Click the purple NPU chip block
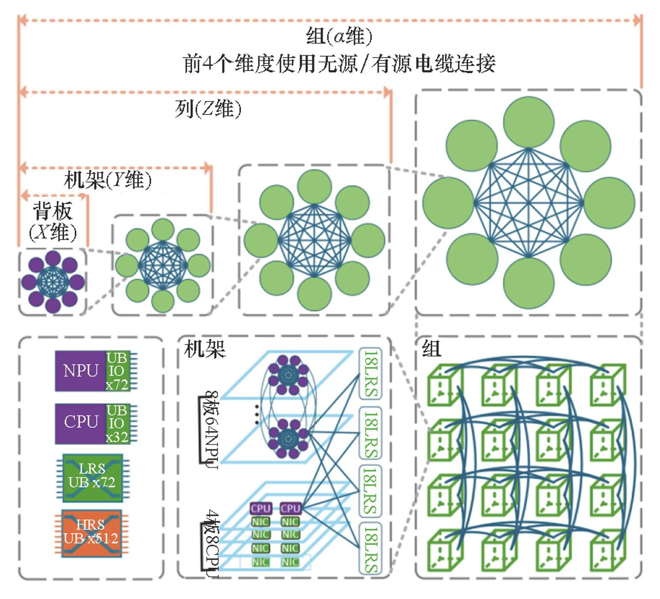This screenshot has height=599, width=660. [80, 370]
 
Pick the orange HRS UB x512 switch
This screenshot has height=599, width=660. [91, 532]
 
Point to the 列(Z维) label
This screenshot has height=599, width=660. [208, 109]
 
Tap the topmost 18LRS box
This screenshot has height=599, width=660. [370, 373]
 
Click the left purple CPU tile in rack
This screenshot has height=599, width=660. [261, 508]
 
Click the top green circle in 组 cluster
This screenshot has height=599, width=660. [528, 122]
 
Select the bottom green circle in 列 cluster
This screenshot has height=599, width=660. [315, 294]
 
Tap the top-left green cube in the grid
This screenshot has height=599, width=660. [445, 384]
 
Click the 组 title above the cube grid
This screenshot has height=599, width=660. [431, 349]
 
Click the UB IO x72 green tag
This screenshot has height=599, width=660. [117, 371]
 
